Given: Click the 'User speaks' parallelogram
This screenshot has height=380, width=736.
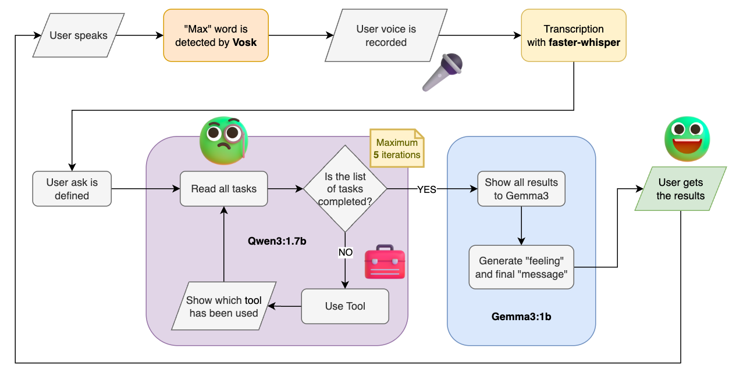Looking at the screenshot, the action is (79, 35).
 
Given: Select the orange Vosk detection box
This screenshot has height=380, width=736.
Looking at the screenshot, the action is (216, 35).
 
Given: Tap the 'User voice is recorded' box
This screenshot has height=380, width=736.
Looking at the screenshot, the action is (386, 35).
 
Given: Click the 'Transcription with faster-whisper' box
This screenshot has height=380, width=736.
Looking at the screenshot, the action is (574, 35).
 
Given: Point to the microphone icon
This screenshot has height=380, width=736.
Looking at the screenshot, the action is (443, 72).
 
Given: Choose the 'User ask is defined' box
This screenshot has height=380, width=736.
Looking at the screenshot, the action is (72, 189).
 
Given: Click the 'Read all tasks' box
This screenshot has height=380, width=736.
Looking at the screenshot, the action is (224, 189).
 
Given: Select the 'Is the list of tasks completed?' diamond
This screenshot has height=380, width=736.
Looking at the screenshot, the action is (345, 189).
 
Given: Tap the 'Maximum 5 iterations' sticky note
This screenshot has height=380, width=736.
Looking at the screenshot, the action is (397, 148).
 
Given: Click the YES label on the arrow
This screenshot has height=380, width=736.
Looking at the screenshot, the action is (426, 189).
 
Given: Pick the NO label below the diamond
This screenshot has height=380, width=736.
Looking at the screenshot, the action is (346, 252).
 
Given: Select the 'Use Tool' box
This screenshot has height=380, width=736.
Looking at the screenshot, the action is (345, 306).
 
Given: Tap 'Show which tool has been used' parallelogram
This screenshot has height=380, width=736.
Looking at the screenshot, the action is (224, 306).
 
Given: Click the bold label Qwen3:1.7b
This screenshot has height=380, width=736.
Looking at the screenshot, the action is (277, 241).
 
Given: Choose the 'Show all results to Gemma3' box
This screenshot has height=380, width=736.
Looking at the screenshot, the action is (521, 189).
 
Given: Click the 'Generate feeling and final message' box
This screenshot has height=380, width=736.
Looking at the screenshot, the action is (521, 267).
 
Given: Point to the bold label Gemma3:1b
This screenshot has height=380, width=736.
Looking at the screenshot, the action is (521, 317).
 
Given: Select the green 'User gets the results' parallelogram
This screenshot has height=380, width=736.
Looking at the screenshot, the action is (681, 189).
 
